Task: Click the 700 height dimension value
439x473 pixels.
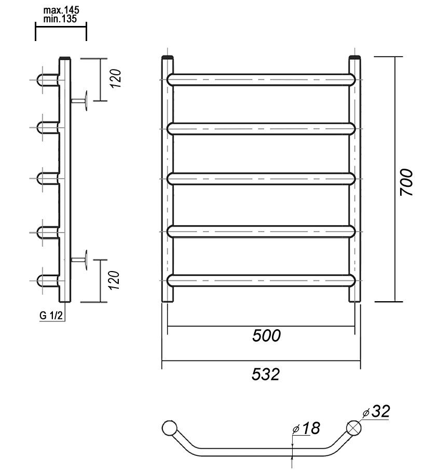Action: point(407,182)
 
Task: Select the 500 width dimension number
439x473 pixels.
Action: point(266,335)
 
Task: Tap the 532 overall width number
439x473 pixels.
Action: point(266,374)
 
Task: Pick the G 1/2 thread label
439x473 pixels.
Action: point(51,315)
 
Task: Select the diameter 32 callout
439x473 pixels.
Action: point(378,412)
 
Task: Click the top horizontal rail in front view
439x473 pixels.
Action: point(262,79)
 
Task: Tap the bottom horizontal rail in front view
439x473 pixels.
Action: point(262,280)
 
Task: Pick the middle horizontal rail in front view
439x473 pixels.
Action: point(262,179)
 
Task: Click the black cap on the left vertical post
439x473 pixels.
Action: point(168,57)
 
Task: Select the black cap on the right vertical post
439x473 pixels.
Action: point(354,57)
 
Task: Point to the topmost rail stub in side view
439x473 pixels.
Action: point(48,79)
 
